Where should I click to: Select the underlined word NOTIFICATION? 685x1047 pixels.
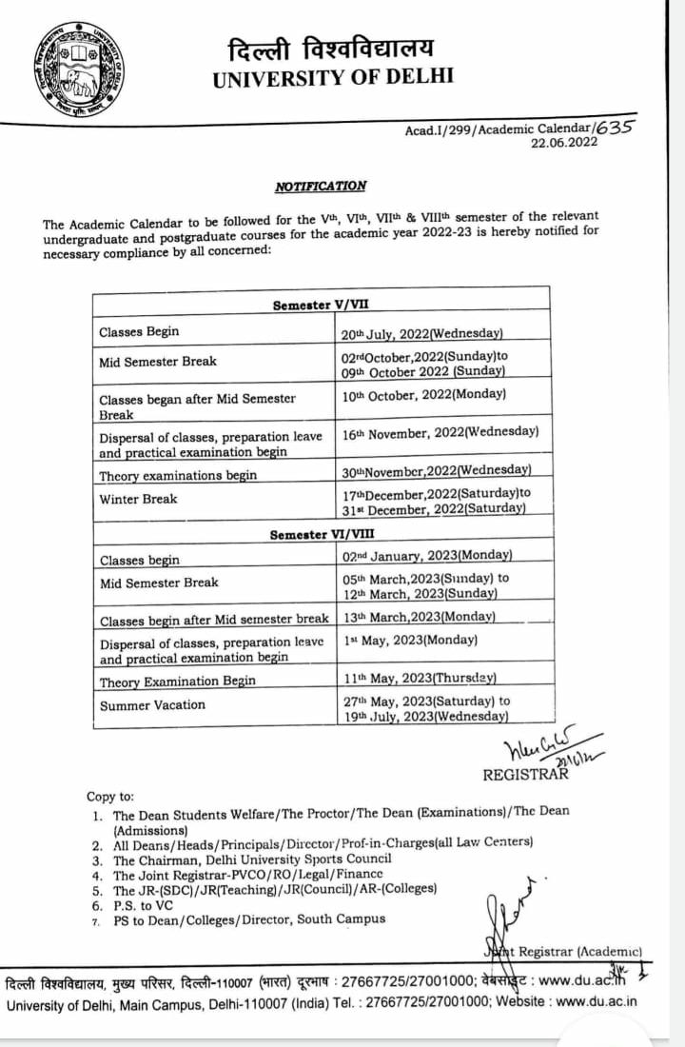pyautogui.click(x=321, y=187)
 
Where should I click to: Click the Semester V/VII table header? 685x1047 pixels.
pyautogui.click(x=323, y=306)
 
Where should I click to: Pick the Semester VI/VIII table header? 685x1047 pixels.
pyautogui.click(x=322, y=535)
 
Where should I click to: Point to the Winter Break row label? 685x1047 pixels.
pyautogui.click(x=138, y=499)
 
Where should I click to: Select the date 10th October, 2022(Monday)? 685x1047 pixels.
pyautogui.click(x=424, y=394)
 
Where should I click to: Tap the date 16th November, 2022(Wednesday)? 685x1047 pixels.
pyautogui.click(x=440, y=432)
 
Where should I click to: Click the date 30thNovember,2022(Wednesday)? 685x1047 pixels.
pyautogui.click(x=436, y=469)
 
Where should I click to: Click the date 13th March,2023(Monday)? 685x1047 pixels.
pyautogui.click(x=418, y=616)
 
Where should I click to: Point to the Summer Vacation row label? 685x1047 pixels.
pyautogui.click(x=152, y=704)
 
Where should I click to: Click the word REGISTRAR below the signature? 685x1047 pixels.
pyautogui.click(x=525, y=774)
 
